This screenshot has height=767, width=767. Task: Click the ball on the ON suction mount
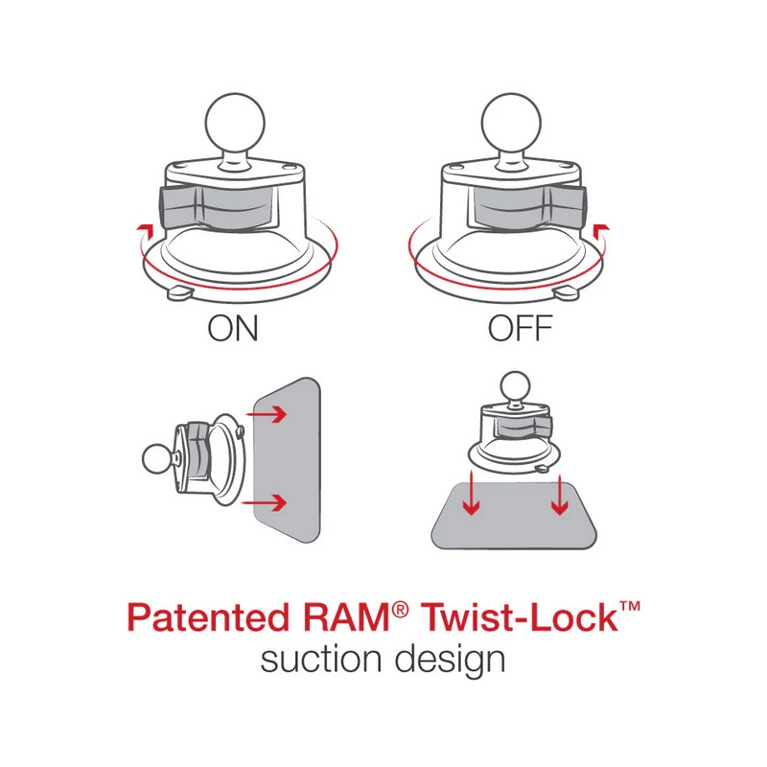click(x=233, y=126)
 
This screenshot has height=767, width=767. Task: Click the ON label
click(x=233, y=329)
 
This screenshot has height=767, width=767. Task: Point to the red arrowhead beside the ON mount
click(x=145, y=226)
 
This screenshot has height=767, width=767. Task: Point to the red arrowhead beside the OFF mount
click(x=600, y=226)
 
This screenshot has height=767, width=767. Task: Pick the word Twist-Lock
click(x=512, y=616)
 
